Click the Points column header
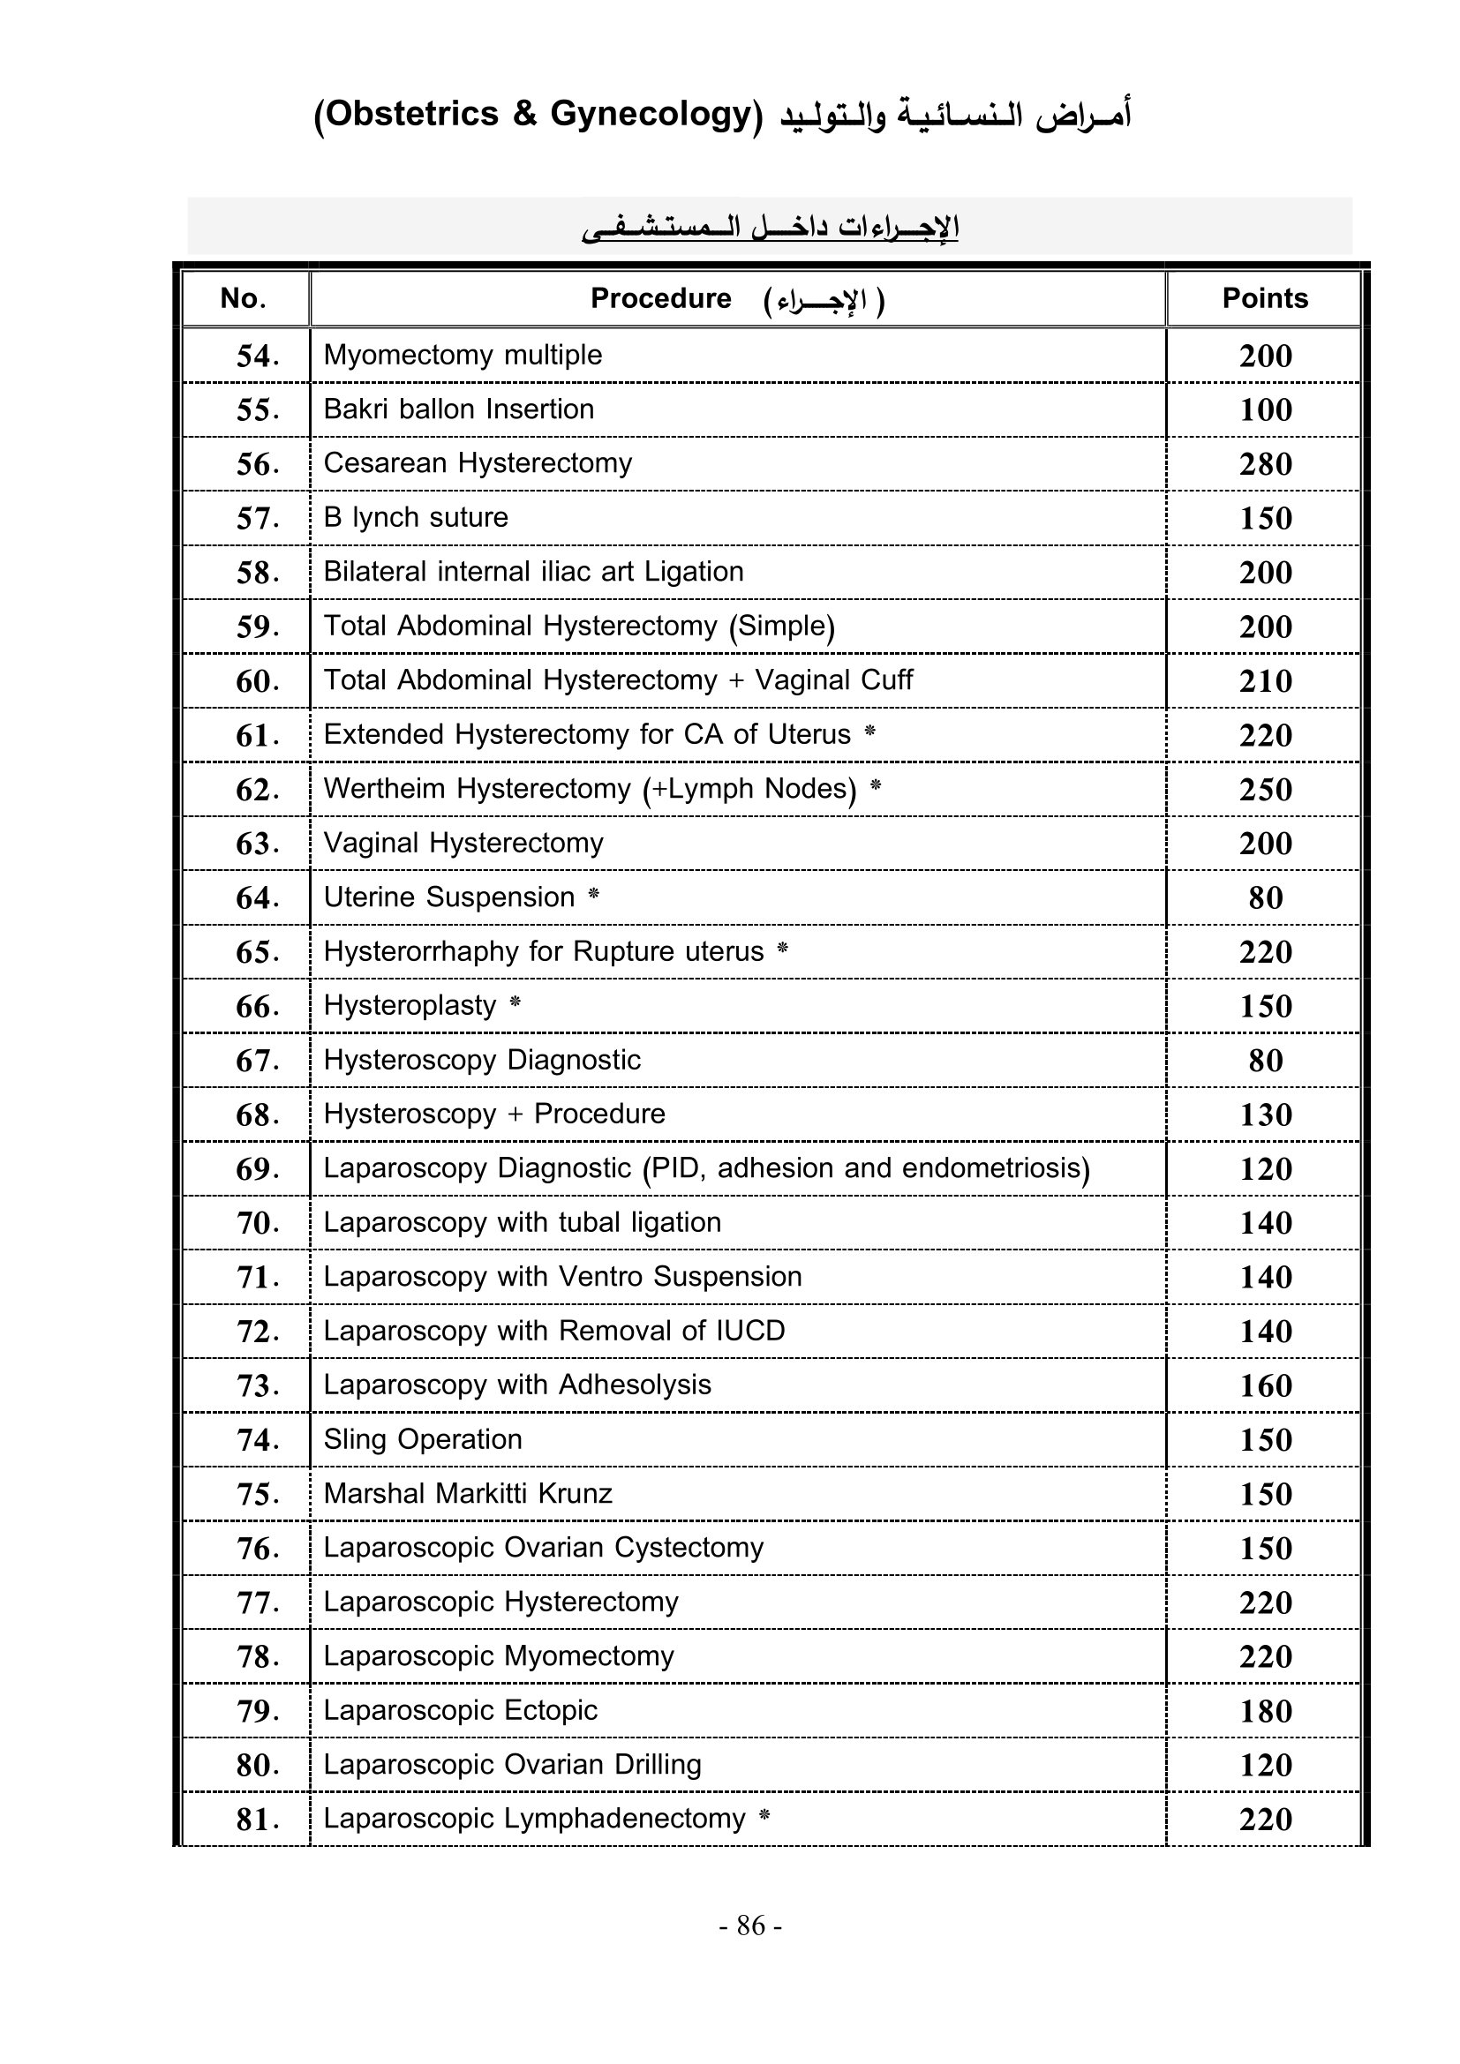[1264, 298]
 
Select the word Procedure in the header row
[661, 298]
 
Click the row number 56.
[257, 465]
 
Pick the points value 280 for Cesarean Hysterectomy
[1265, 465]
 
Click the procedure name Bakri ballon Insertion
[458, 409]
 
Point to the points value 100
[1265, 410]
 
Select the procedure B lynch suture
[416, 518]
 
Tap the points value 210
[1265, 681]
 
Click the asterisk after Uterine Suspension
[593, 896]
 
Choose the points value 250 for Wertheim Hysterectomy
[1265, 789]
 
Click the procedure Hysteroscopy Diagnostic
[482, 1060]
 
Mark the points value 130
[1265, 1115]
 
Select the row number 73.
[257, 1385]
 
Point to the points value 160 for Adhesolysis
[1265, 1385]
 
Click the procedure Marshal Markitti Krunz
[468, 1493]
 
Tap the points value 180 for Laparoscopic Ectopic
[1265, 1711]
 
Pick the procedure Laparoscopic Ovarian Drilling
[512, 1765]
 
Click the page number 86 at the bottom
[750, 1925]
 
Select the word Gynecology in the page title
[651, 114]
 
